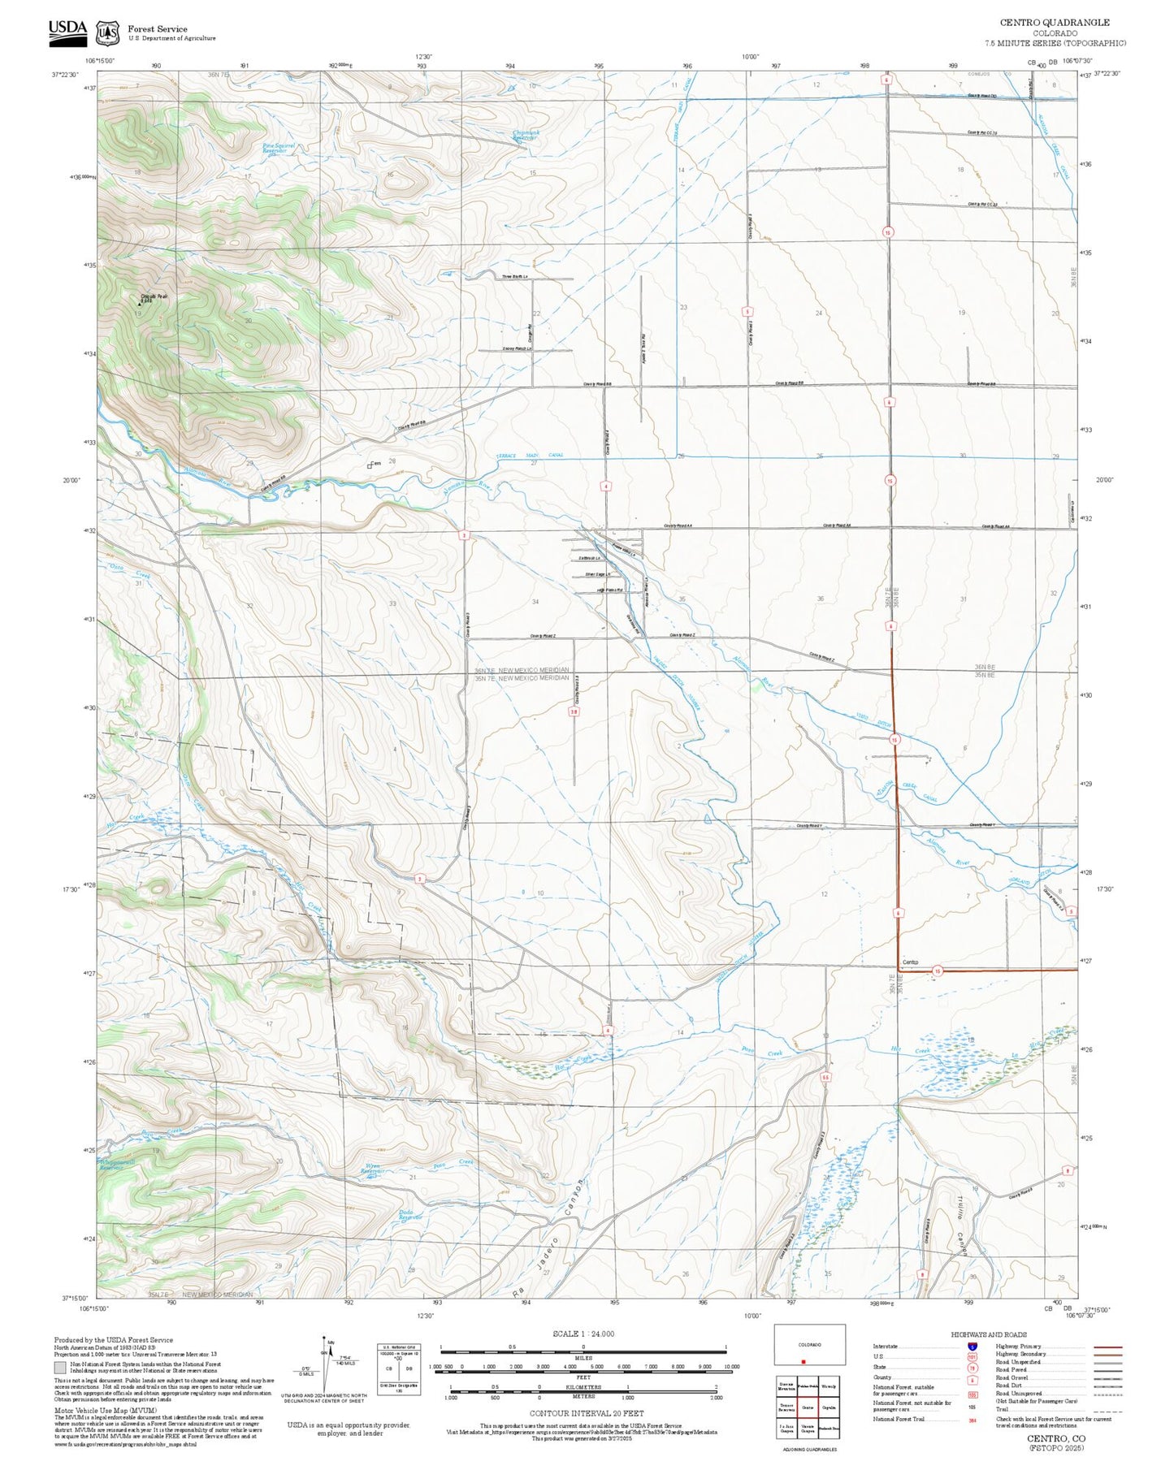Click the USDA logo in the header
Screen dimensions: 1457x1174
click(x=67, y=30)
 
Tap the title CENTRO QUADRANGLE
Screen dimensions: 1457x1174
click(x=1054, y=22)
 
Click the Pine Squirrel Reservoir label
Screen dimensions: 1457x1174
click(x=278, y=149)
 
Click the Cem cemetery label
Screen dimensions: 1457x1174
click(x=375, y=464)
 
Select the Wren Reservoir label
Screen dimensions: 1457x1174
click(x=372, y=1169)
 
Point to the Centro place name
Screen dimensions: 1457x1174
click(x=910, y=962)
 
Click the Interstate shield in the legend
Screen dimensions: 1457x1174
click(x=973, y=1347)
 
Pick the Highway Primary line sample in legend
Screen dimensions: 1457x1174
click(x=1107, y=1347)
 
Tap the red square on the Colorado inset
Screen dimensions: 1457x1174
click(x=803, y=1362)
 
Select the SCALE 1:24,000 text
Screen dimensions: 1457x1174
click(x=583, y=1334)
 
